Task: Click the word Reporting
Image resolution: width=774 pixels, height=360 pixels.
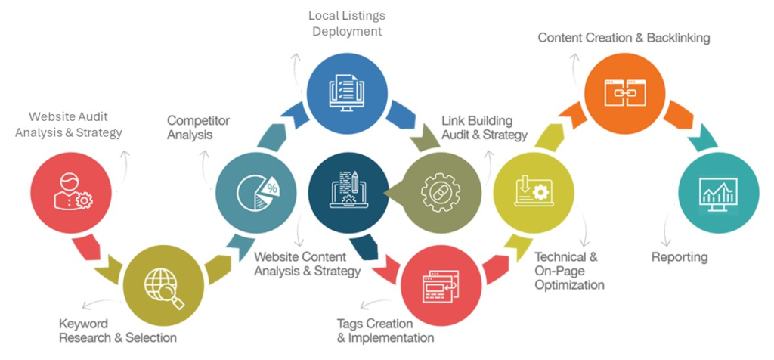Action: click(680, 257)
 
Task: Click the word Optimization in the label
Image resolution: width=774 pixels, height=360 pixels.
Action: click(569, 285)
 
